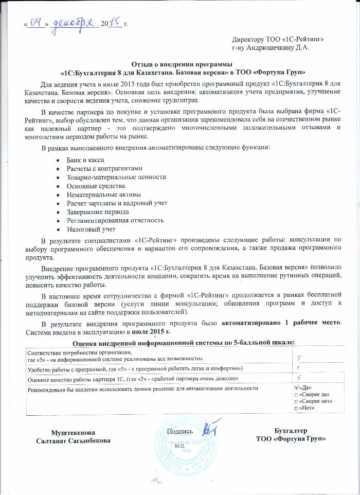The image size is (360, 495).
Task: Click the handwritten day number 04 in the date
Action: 37,22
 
